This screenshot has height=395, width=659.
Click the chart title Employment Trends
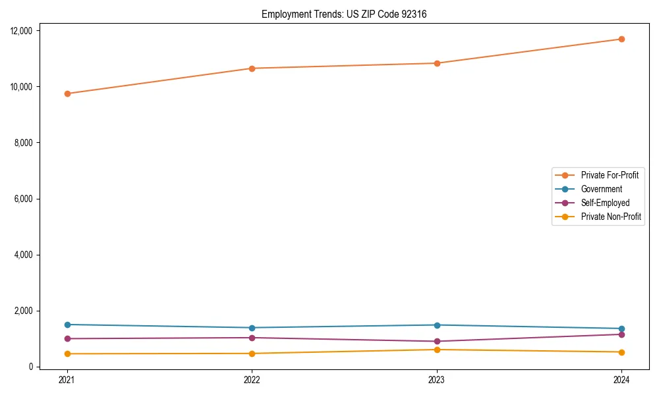click(x=344, y=14)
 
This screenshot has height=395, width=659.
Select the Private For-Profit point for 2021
click(x=67, y=93)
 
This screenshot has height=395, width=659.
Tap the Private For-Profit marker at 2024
click(x=621, y=39)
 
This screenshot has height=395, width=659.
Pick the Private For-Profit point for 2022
click(x=252, y=68)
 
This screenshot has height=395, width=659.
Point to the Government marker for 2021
click(x=67, y=325)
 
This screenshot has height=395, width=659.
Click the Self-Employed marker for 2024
click(x=621, y=334)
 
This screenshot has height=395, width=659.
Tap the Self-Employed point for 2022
click(x=252, y=338)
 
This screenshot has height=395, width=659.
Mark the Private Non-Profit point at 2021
click(x=67, y=354)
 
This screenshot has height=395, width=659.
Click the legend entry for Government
click(x=601, y=189)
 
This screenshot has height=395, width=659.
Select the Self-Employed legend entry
click(x=605, y=203)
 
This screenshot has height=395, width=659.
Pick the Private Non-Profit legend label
click(x=611, y=217)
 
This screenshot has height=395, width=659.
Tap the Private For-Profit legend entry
click(x=610, y=175)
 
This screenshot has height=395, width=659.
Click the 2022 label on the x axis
click(x=252, y=379)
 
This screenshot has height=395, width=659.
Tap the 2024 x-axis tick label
click(x=621, y=379)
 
